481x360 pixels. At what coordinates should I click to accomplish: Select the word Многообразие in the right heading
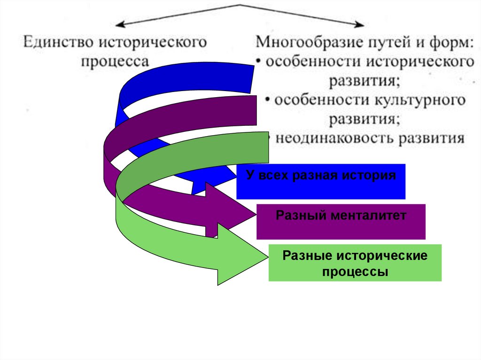click(304, 43)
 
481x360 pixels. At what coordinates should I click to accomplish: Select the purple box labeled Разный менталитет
click(341, 222)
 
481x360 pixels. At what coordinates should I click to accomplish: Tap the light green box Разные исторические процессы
click(355, 263)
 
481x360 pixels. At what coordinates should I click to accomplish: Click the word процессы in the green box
click(355, 271)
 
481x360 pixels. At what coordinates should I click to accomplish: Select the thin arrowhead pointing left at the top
click(119, 24)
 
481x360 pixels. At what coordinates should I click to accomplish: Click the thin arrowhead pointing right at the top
click(362, 24)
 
